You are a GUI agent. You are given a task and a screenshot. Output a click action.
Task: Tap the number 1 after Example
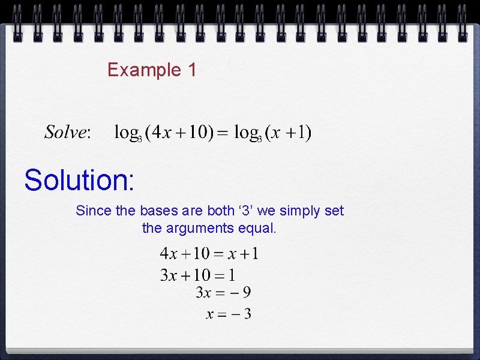[191, 70]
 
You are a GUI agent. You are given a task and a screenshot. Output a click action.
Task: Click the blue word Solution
[79, 180]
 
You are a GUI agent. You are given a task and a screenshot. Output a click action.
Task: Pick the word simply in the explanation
[303, 211]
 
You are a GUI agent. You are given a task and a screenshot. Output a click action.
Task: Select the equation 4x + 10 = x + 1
[209, 254]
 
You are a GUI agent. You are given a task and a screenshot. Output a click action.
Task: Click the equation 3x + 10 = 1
[197, 275]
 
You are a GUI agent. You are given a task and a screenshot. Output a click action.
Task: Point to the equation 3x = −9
[223, 293]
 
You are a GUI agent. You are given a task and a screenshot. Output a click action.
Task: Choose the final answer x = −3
[229, 314]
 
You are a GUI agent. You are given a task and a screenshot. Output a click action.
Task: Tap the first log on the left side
[127, 133]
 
